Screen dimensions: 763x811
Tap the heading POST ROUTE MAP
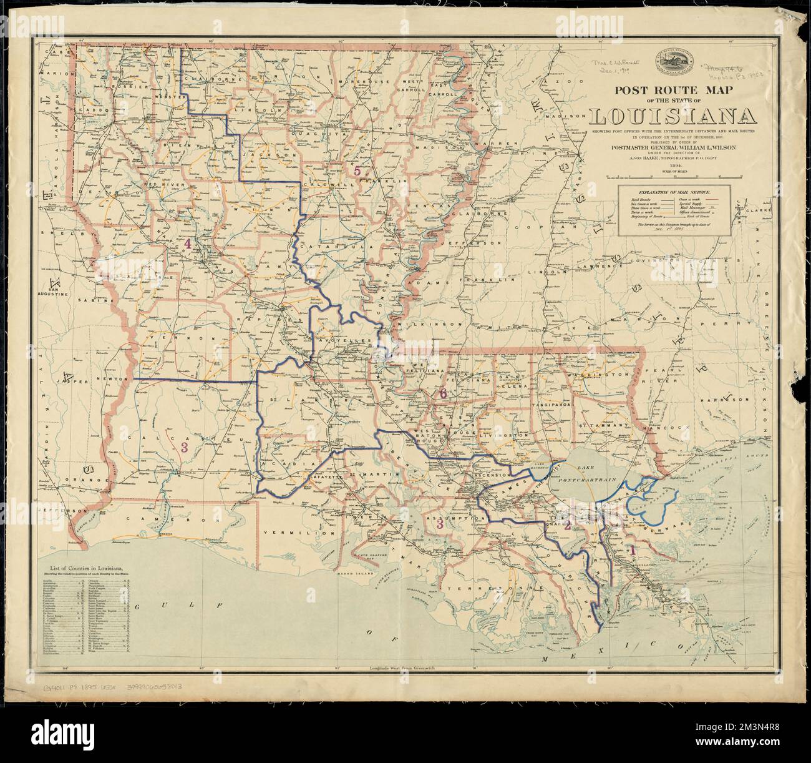pos(673,90)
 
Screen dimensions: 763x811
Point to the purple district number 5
pos(357,170)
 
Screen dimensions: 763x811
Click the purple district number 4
pos(187,245)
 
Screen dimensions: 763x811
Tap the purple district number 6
pos(443,393)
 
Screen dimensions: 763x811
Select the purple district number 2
pos(567,525)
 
